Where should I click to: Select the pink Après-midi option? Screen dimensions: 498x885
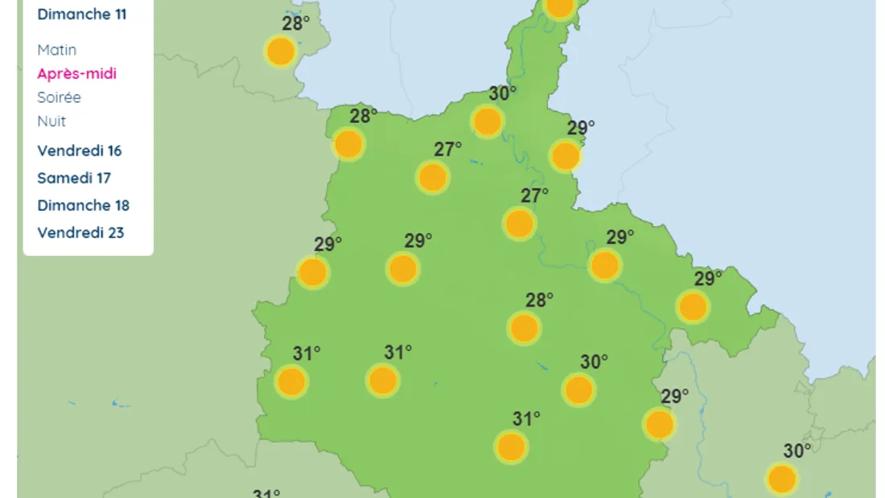coord(76,73)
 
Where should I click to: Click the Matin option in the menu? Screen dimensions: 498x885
coord(56,50)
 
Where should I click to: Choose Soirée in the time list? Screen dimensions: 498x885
coord(59,97)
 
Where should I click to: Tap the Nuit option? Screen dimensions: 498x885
coord(51,121)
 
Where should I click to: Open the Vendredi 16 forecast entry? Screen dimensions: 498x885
coord(80,150)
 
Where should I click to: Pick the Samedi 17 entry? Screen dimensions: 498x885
coord(74,178)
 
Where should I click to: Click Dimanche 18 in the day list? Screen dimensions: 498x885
coord(83,205)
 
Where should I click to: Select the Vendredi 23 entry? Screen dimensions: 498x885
coord(80,233)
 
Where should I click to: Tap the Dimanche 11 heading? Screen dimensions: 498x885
coord(81,14)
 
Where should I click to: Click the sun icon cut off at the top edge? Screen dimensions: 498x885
coord(560,6)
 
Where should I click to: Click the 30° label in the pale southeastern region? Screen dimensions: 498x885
coord(796,451)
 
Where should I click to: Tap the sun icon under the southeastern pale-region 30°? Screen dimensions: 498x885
coord(781,479)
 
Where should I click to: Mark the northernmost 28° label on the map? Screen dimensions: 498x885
coord(296,23)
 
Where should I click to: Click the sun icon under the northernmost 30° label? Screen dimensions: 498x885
coord(488,121)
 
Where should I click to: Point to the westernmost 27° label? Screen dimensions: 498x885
coord(448,150)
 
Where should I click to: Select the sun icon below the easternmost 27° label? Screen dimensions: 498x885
coord(519,224)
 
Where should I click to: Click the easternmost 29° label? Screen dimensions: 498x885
coord(708,278)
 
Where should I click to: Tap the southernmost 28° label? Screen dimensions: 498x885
coord(539,300)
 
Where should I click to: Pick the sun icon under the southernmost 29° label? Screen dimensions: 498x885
coord(659,424)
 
